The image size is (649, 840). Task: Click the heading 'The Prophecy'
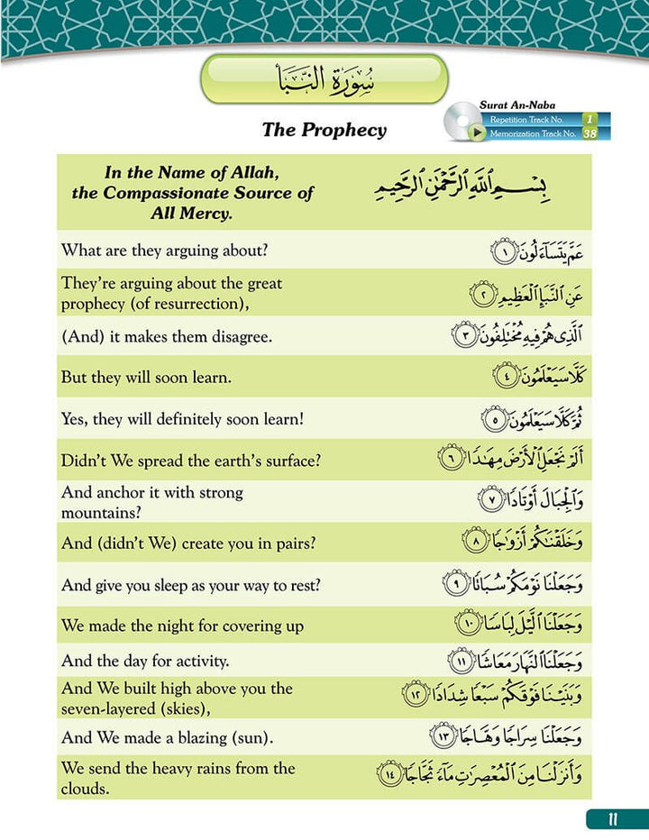[x=324, y=130]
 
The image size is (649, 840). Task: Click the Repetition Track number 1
[x=590, y=119]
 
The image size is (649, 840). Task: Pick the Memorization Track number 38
[x=590, y=133]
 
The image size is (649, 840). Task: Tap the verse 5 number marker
[x=493, y=419]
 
